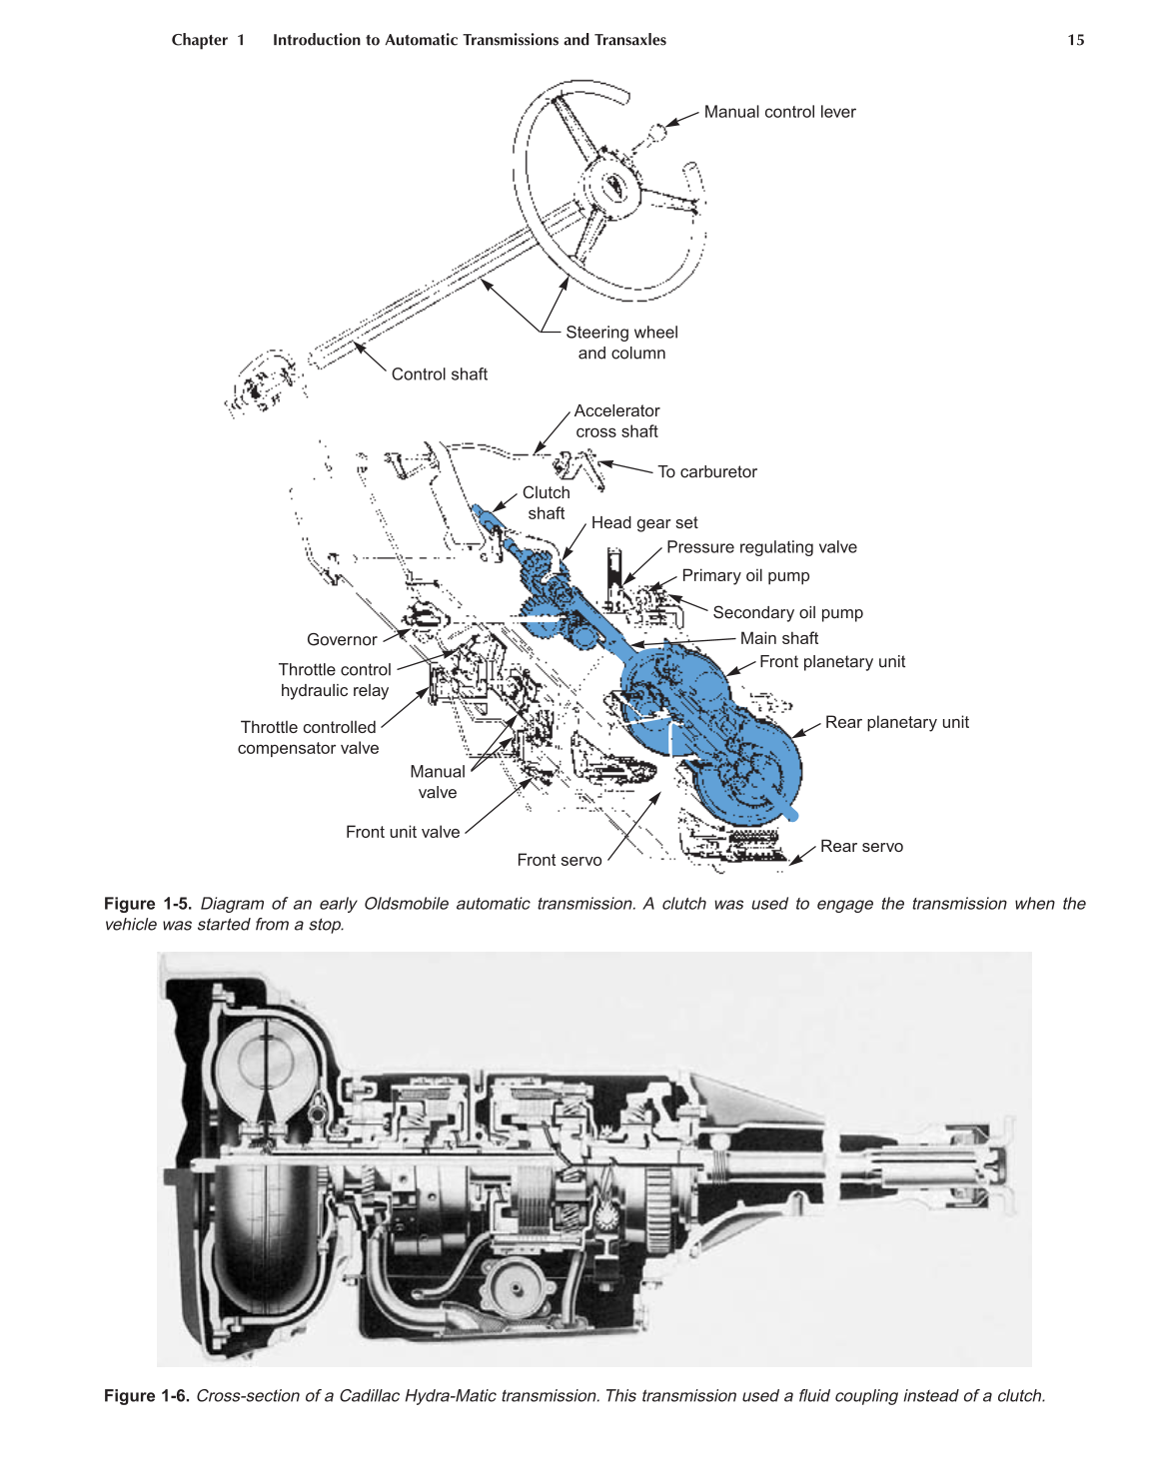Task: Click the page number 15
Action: (x=1075, y=40)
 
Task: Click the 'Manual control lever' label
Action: (x=779, y=112)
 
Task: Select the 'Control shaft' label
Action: (x=439, y=374)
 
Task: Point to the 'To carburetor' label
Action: (x=706, y=472)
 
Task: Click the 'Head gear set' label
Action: (x=644, y=523)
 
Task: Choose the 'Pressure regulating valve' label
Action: (x=761, y=547)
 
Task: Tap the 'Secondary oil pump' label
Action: (x=787, y=613)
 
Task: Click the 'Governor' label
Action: (x=342, y=640)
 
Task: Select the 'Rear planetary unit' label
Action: (x=896, y=723)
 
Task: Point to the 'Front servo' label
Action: (x=560, y=861)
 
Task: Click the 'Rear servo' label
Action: (x=861, y=847)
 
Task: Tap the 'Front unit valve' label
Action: (x=403, y=833)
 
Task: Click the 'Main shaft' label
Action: (x=778, y=639)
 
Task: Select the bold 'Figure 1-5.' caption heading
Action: (x=147, y=904)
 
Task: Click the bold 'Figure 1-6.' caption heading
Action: (x=147, y=1396)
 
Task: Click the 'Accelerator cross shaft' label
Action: (x=616, y=421)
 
